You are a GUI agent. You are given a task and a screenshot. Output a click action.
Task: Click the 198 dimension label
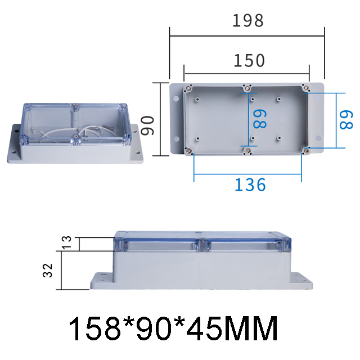(248, 21)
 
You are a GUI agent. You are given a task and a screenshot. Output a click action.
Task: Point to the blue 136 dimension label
(249, 184)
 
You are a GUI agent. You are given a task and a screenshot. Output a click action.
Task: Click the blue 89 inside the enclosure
(259, 119)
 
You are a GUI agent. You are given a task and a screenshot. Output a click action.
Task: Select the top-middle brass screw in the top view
(246, 88)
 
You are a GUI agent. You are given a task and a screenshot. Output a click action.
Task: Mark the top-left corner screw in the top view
(189, 88)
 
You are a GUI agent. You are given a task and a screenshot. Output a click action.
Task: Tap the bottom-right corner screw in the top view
(306, 150)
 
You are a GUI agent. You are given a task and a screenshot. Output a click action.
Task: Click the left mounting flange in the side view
(101, 280)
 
